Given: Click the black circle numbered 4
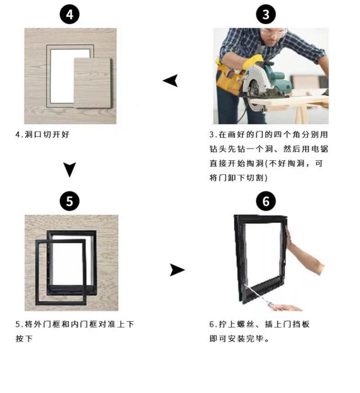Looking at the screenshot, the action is click(x=69, y=14).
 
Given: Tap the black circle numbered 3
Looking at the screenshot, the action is click(x=266, y=14).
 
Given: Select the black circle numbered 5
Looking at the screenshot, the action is click(x=69, y=201).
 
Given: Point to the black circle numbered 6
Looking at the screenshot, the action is click(x=266, y=201).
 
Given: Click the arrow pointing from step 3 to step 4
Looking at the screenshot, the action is click(x=171, y=80).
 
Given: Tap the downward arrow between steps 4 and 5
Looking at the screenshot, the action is click(x=69, y=170).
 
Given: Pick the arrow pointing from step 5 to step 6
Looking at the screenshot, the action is click(x=177, y=270).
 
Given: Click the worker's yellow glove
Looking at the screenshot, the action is click(x=252, y=62).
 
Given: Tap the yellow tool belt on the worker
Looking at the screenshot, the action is click(x=229, y=78).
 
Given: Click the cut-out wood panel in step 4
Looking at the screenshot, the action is click(x=93, y=83).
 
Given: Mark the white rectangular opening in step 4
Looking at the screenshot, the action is click(x=62, y=75).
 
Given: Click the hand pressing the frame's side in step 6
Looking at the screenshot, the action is click(x=289, y=238).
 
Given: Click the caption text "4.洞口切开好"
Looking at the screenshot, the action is click(x=42, y=134).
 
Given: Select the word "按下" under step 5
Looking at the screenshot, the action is click(x=24, y=339).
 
